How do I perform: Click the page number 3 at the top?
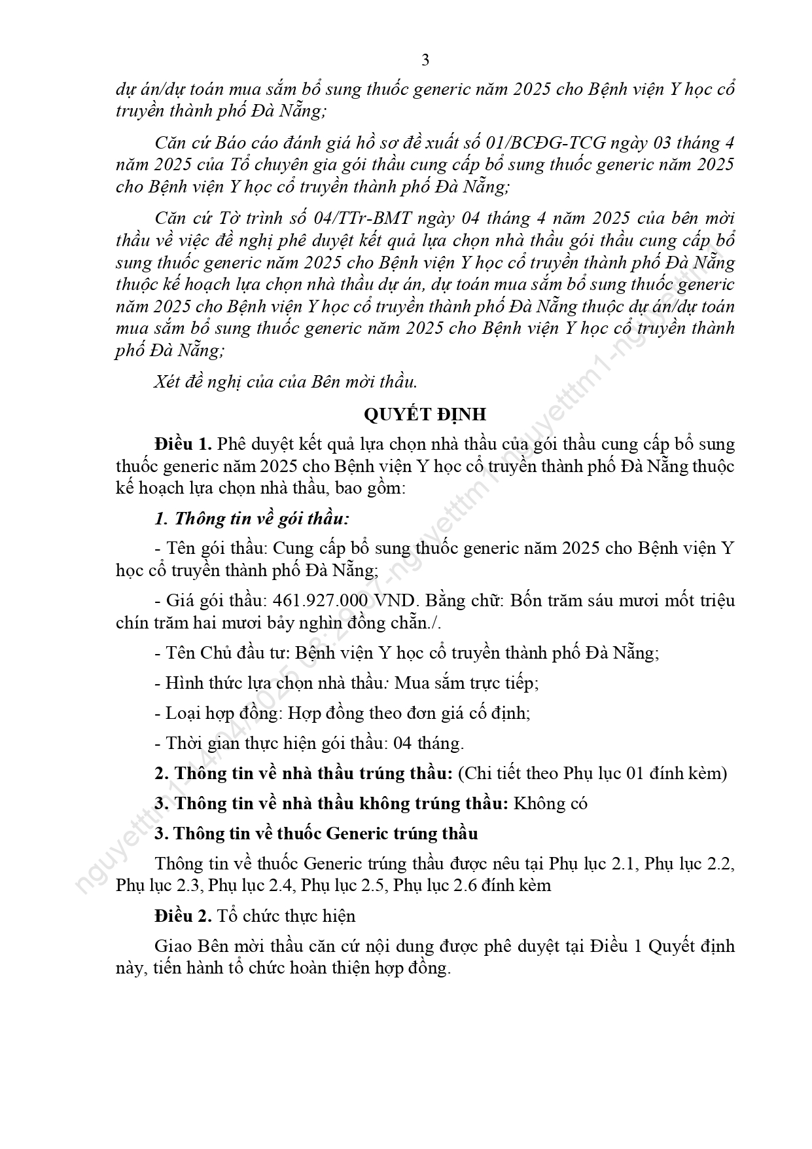click(x=425, y=60)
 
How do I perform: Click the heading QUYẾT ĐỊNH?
click(x=425, y=414)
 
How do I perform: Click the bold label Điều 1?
click(x=183, y=444)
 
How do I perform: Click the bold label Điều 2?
click(x=183, y=916)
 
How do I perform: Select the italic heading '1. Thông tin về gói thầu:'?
click(x=252, y=519)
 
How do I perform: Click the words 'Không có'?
click(x=550, y=803)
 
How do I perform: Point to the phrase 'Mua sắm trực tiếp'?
click(x=467, y=683)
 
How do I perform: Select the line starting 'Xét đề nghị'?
click(x=285, y=381)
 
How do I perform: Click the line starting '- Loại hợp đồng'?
click(x=342, y=713)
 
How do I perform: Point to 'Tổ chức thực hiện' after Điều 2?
click(x=286, y=916)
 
